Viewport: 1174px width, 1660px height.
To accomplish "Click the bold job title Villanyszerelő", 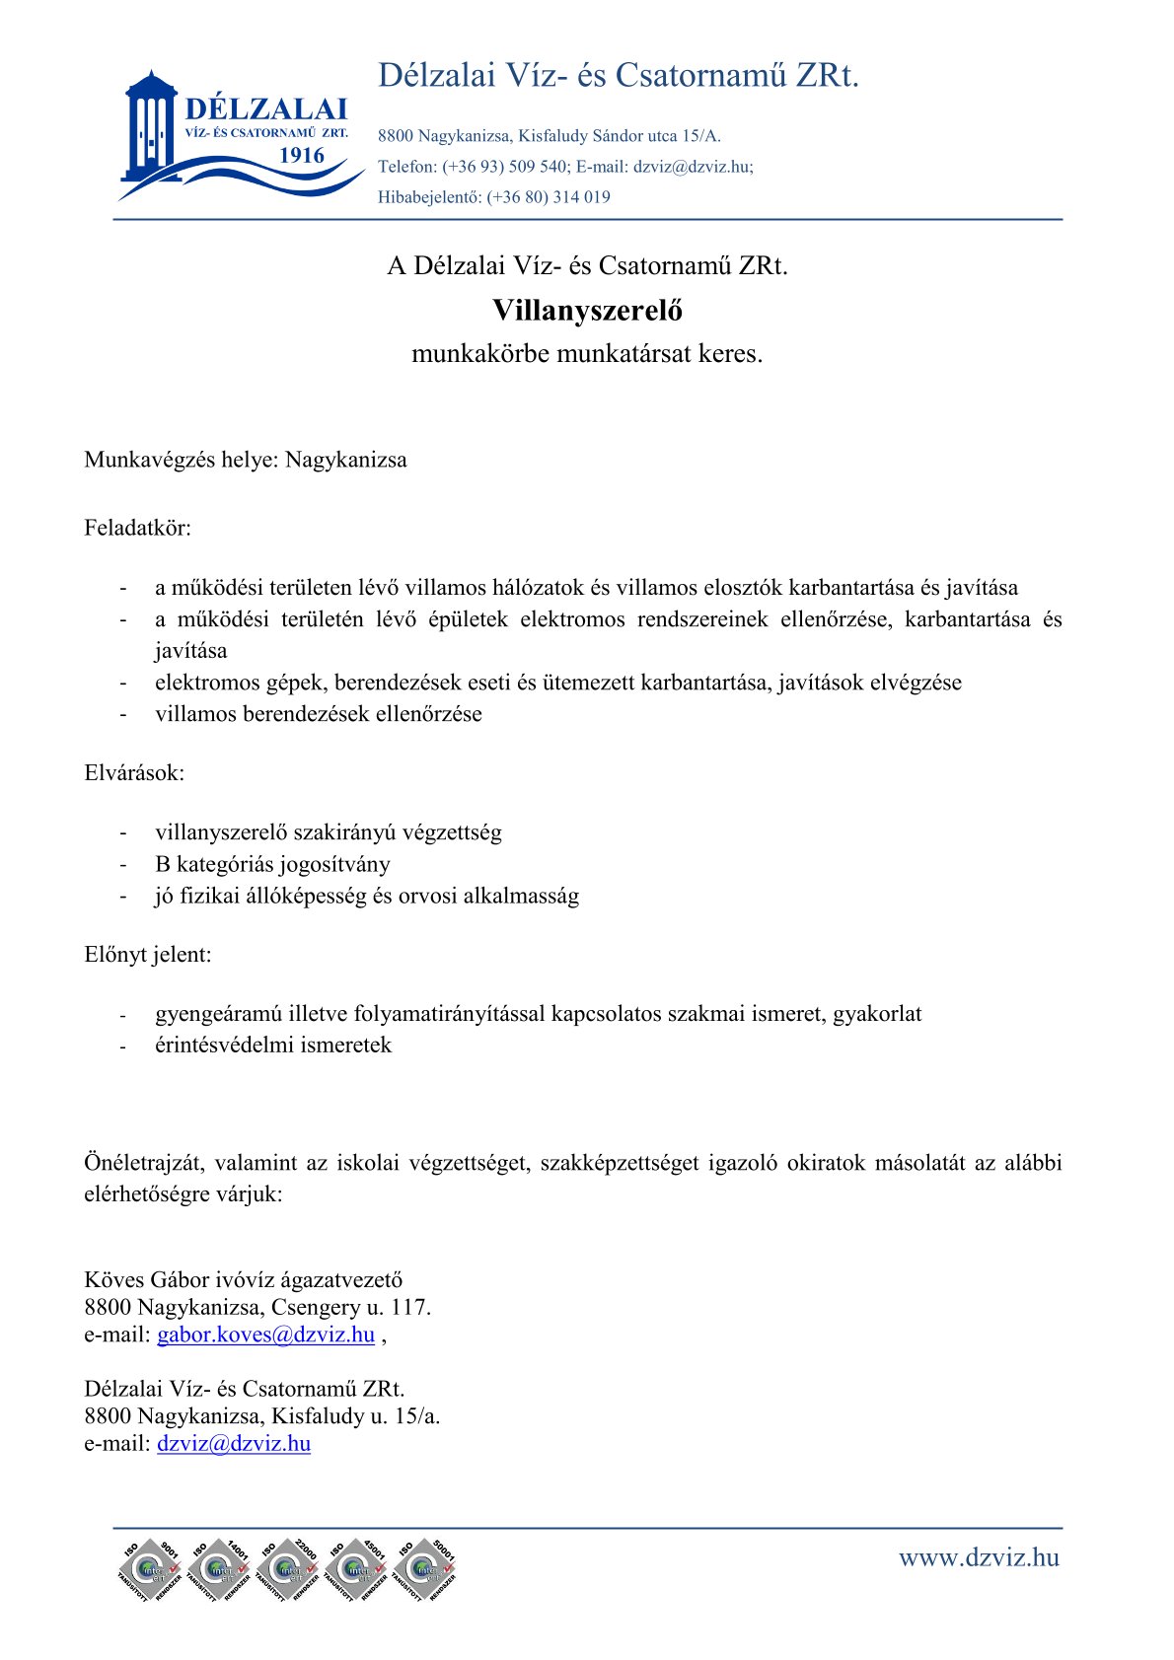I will point(587,311).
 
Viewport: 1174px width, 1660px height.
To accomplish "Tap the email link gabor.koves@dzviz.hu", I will point(265,1335).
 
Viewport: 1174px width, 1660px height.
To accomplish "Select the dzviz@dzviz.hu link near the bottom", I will point(234,1443).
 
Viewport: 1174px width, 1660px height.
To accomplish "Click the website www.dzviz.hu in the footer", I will point(979,1557).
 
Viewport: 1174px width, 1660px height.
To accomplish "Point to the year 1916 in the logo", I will point(302,155).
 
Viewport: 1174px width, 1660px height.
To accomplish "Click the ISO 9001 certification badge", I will point(150,1568).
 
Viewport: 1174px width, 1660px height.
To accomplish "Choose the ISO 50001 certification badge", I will point(425,1568).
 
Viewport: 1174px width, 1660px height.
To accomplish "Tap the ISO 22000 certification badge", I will point(288,1568).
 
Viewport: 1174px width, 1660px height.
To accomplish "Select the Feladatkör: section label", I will point(138,528).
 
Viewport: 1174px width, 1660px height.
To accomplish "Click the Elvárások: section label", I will point(134,772).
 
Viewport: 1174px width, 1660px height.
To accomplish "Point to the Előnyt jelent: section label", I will point(148,954).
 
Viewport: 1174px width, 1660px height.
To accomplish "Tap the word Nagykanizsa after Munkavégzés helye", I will point(346,460).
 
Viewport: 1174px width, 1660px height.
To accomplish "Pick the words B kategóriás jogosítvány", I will point(272,864).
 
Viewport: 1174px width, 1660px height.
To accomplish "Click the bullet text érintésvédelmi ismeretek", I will point(273,1045).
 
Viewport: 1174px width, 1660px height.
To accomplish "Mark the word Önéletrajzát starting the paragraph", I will point(144,1163).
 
